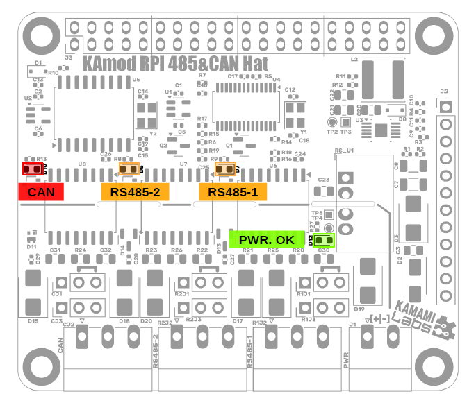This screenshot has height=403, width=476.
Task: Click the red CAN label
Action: click(x=41, y=192)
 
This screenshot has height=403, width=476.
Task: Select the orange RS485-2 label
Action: click(x=135, y=192)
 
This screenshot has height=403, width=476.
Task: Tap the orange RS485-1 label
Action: click(x=233, y=192)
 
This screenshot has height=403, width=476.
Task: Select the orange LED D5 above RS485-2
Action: click(x=129, y=168)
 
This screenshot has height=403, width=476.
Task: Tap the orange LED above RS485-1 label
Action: click(x=226, y=168)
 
